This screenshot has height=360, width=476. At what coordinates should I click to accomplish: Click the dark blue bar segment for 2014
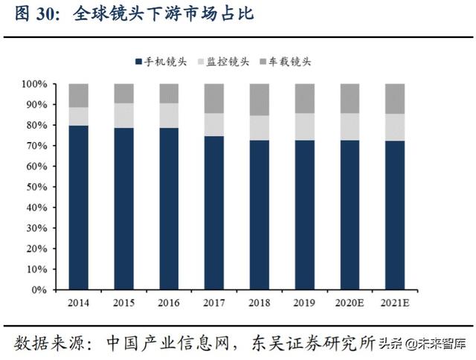79,208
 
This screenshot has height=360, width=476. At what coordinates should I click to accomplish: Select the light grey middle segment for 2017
213,125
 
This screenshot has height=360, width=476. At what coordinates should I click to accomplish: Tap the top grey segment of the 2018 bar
259,100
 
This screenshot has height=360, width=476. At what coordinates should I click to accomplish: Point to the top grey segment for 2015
123,93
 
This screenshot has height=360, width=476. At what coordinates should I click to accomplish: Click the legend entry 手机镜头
158,62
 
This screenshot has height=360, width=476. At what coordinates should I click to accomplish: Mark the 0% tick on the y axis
41,289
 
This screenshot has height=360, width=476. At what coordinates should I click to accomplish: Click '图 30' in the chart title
33,16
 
